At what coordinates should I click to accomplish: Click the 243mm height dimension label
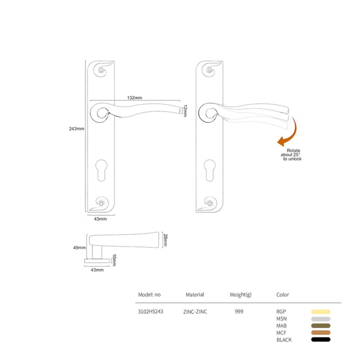pyautogui.click(x=76, y=129)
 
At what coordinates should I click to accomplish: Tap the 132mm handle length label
pyautogui.click(x=135, y=98)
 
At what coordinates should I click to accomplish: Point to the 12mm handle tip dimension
pyautogui.click(x=185, y=111)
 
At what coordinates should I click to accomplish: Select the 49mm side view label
pyautogui.click(x=80, y=248)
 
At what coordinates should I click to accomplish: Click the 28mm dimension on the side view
pyautogui.click(x=165, y=240)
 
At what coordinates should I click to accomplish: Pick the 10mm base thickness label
pyautogui.click(x=114, y=260)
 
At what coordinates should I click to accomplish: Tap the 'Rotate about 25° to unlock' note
pyautogui.click(x=291, y=155)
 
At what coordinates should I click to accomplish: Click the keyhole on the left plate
pyautogui.click(x=101, y=170)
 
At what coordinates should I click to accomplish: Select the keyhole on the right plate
pyautogui.click(x=210, y=170)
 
